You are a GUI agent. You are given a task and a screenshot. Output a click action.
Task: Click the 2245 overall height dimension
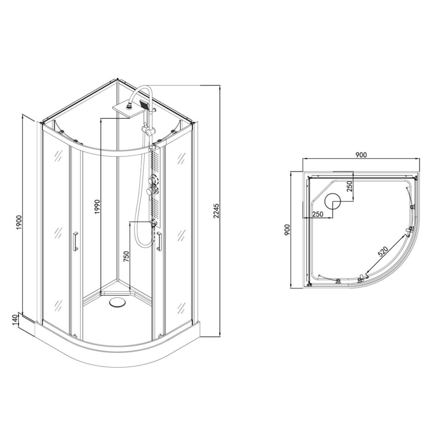click(x=216, y=211)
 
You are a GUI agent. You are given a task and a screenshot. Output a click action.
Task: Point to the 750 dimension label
click(x=126, y=257)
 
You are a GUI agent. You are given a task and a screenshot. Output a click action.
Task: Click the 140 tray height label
click(x=16, y=320)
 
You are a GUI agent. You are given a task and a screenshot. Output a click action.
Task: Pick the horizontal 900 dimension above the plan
click(x=361, y=155)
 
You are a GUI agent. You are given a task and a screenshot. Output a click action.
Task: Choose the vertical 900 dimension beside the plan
click(x=287, y=230)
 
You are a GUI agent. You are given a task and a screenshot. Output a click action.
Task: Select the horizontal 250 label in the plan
click(x=318, y=214)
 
